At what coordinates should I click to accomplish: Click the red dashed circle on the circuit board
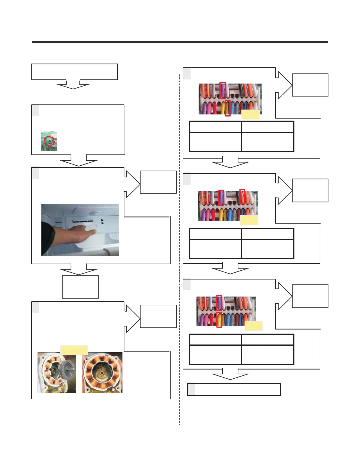pos(49,141)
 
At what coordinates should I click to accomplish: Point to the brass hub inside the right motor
pos(101,372)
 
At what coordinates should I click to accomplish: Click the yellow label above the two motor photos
pos(74,350)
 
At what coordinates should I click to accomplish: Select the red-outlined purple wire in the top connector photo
pos(223,90)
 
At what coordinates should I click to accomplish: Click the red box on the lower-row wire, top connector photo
pos(228,108)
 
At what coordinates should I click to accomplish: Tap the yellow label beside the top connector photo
pos(250,114)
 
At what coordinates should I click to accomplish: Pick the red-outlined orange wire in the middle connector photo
pos(242,197)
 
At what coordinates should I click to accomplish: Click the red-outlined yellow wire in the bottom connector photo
pos(219,319)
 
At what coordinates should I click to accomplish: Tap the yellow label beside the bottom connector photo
pos(254,326)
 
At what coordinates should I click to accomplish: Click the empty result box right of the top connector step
pos(310,85)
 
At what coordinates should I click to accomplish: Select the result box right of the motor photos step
pos(158,316)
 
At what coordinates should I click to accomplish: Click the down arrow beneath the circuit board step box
pos(79,161)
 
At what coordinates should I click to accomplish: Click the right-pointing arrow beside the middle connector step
pos(282,190)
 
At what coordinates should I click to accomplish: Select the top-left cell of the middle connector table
pos(216,234)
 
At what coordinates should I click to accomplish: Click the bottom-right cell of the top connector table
pos(268,142)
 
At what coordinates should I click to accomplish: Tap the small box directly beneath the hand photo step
pos(80,287)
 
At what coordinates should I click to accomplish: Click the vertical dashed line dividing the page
pos(180,250)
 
